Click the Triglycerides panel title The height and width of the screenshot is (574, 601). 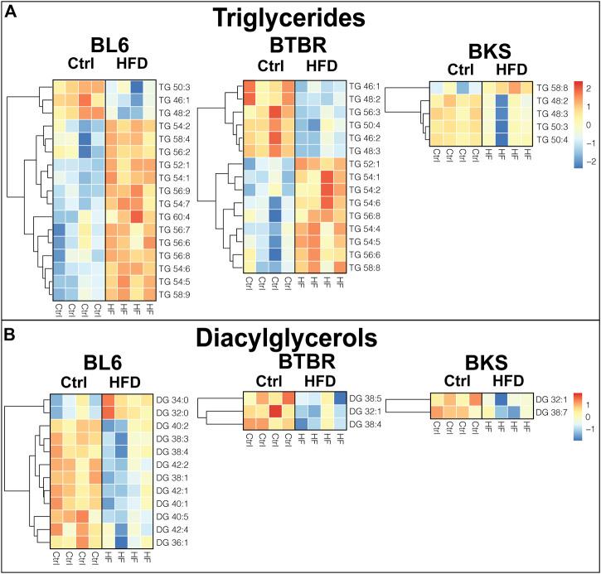coord(300,19)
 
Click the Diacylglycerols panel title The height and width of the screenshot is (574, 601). coord(300,340)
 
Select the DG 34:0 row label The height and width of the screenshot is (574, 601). coord(172,398)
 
